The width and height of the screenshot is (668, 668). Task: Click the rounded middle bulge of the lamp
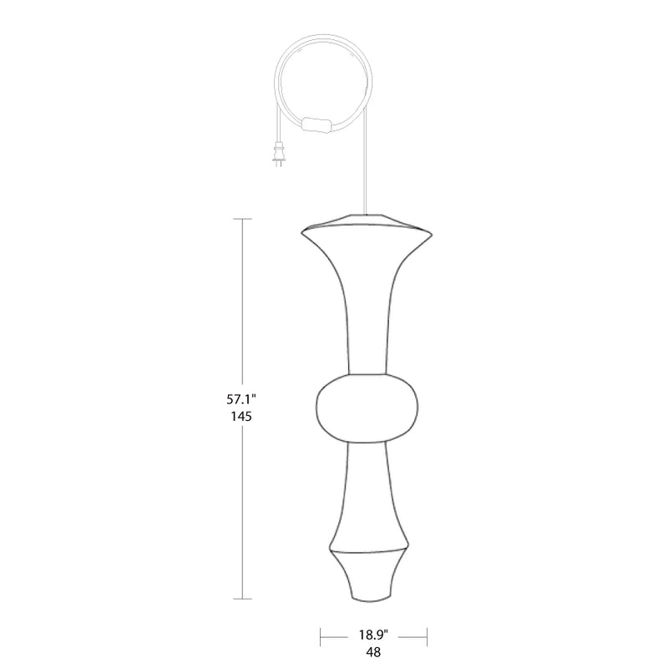coord(367,408)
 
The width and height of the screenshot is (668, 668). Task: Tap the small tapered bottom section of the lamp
coord(367,576)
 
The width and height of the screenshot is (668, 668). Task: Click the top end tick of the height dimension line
coord(242,219)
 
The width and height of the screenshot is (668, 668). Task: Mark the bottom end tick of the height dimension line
coord(242,599)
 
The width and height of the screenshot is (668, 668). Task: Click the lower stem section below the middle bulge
coord(367,493)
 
